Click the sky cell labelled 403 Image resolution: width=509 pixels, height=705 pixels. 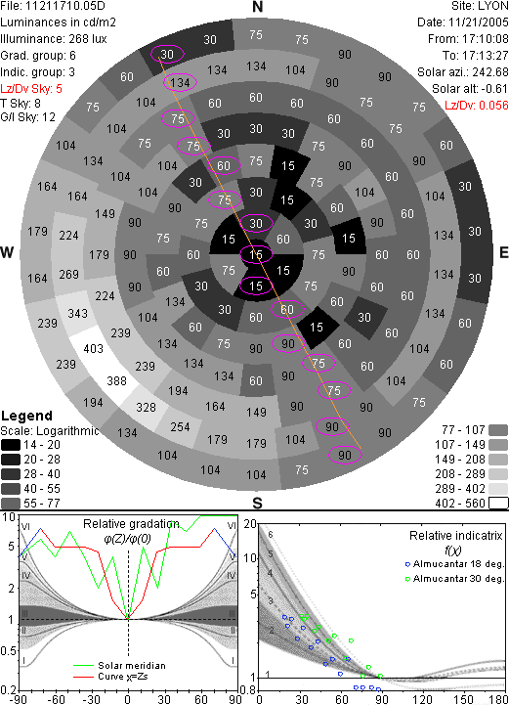coord(94,349)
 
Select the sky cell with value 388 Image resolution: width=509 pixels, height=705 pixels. coord(116,380)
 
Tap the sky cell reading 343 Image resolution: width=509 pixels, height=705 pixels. coord(77,313)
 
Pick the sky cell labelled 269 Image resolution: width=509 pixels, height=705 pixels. coord(68,274)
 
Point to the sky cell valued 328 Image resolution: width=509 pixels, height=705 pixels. coord(146,408)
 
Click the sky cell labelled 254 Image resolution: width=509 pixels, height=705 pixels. coord(180,426)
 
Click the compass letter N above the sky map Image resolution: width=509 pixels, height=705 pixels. coord(257,7)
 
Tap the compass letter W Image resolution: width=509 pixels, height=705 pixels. coord(7,252)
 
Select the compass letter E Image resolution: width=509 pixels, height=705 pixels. coord(503,252)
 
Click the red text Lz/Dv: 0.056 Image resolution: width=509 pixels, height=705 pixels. coord(476,106)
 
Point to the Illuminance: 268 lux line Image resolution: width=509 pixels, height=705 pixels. coord(54,39)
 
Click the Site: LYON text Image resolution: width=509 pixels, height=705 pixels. coord(480,6)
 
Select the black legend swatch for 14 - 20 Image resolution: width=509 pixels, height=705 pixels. coord(11,445)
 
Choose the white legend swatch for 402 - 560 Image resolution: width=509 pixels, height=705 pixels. coord(498,504)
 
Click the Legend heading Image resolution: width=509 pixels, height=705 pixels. coord(27,416)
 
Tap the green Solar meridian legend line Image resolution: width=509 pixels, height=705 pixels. coord(83,666)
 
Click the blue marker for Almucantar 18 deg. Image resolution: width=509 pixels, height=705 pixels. coord(407,564)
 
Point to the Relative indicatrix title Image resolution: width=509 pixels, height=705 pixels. coord(455,536)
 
